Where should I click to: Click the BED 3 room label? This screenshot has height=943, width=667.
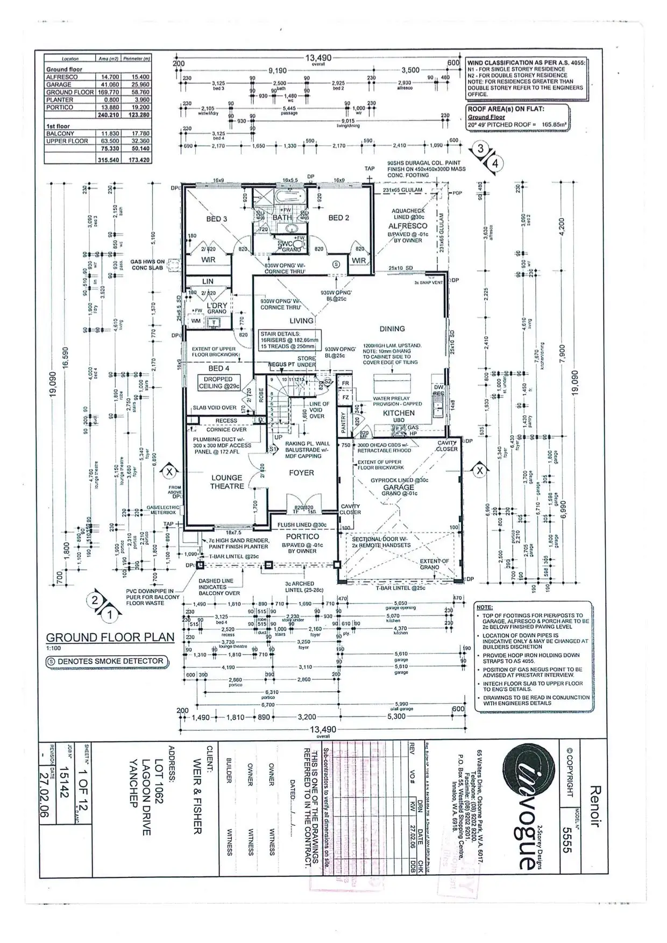tap(217, 219)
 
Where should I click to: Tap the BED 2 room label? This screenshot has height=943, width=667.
tap(339, 218)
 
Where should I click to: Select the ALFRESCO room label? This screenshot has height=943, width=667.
tap(408, 226)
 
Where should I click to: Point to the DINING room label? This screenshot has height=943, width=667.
tap(392, 329)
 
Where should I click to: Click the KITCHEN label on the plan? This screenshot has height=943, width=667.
tap(399, 413)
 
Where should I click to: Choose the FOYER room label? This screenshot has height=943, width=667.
tap(301, 473)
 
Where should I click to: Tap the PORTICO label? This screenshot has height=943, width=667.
tap(302, 536)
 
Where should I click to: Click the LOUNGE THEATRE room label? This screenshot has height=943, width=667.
tap(227, 481)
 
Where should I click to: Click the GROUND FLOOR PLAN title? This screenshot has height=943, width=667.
tap(110, 637)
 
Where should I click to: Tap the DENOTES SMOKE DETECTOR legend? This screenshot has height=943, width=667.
tap(105, 661)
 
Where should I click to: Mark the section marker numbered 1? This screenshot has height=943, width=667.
tap(111, 613)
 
